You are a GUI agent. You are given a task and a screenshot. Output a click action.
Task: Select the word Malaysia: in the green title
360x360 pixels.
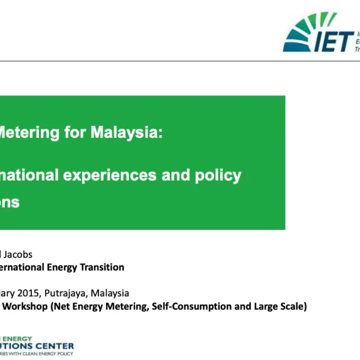pos(127,133)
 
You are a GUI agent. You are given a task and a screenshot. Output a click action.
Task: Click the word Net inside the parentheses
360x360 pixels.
pos(63,307)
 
